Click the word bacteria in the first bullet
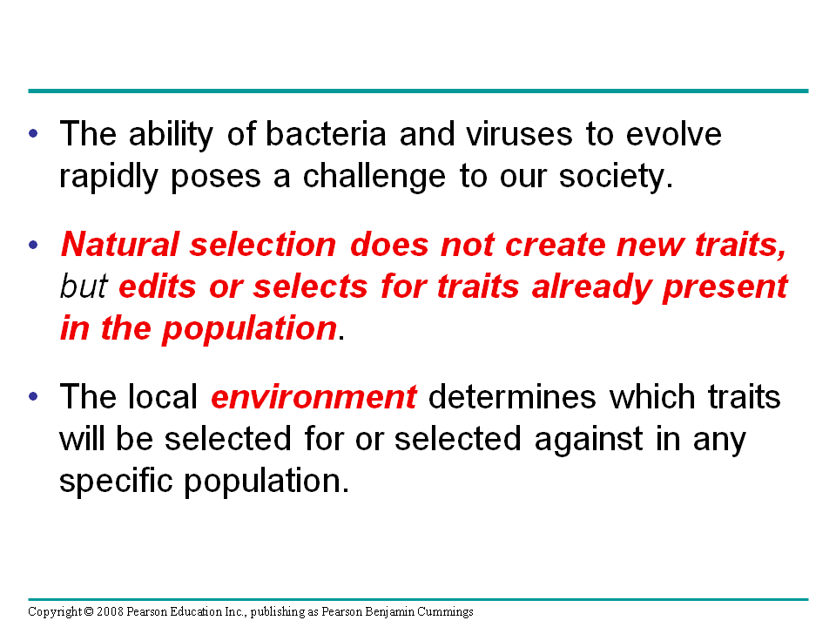(326, 133)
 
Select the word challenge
(374, 177)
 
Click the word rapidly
(109, 177)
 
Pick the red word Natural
(120, 245)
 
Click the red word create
(555, 246)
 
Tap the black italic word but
(84, 287)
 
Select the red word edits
(158, 287)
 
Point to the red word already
(591, 287)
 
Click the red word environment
(314, 398)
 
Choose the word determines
(512, 398)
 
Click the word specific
(116, 482)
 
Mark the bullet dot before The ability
(34, 134)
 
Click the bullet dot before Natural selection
(34, 246)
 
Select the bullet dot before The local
(34, 397)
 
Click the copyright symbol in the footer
(89, 611)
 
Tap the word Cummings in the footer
(445, 612)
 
